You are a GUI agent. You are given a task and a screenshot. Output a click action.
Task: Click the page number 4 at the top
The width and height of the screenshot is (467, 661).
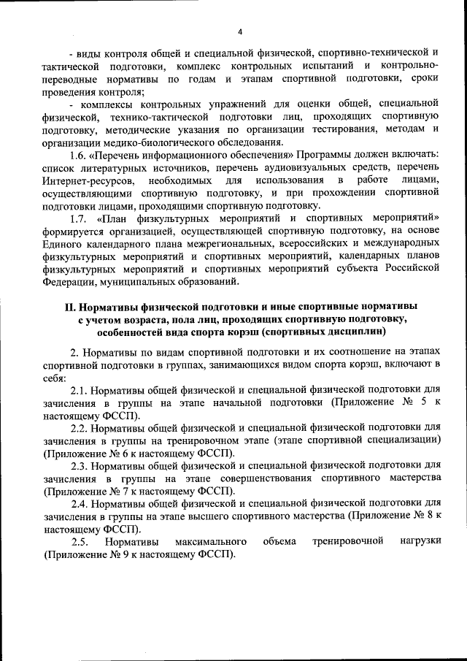[239, 30]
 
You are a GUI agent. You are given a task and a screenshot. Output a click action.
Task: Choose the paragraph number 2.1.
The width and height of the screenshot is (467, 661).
[80, 389]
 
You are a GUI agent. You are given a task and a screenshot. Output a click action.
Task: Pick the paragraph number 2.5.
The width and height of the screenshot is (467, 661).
[80, 541]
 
